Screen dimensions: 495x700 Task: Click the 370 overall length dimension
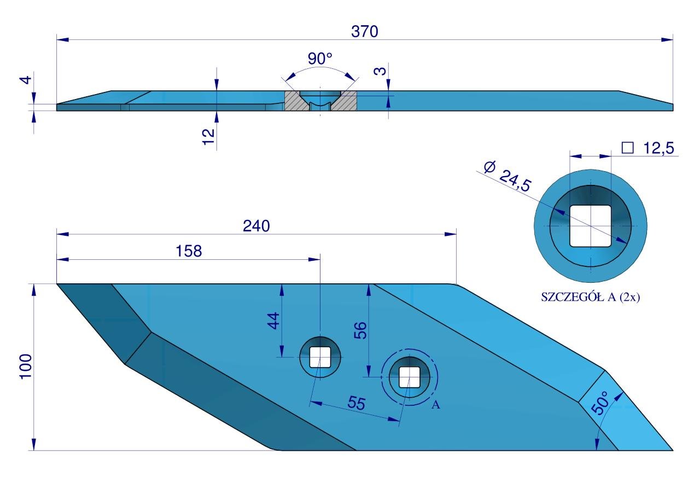[x=364, y=32]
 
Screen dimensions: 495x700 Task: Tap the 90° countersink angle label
[x=320, y=59]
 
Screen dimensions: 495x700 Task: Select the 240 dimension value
[x=256, y=226]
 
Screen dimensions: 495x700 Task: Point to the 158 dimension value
[x=189, y=251]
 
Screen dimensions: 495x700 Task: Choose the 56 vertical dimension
[x=360, y=330]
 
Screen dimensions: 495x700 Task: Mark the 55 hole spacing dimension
[x=355, y=403]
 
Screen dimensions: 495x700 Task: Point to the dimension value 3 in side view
[x=382, y=69]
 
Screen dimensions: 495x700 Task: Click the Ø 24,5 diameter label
[x=507, y=176]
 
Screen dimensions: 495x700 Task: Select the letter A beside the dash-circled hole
[x=435, y=405]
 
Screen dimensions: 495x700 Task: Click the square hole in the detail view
[x=590, y=225]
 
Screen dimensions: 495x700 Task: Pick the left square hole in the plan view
[x=320, y=357]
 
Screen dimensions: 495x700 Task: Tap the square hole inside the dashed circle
[x=409, y=376]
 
